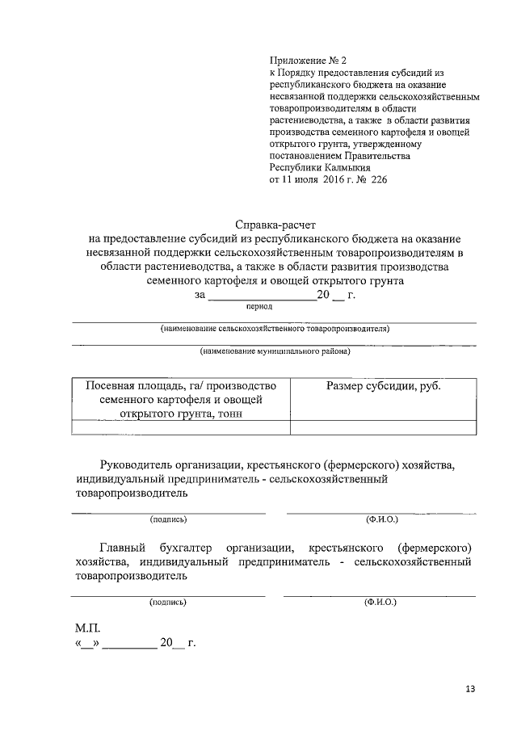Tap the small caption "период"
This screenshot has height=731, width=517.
(x=259, y=306)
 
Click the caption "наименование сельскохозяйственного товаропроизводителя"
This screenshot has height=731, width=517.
(x=274, y=329)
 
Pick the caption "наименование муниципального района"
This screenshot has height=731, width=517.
(x=275, y=351)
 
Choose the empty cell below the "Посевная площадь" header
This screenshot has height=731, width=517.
(x=182, y=428)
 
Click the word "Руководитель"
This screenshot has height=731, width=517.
(x=137, y=465)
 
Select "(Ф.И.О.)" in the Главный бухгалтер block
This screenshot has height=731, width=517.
(x=380, y=603)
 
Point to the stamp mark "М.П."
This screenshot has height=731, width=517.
(x=86, y=628)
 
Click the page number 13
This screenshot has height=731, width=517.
(x=470, y=689)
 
